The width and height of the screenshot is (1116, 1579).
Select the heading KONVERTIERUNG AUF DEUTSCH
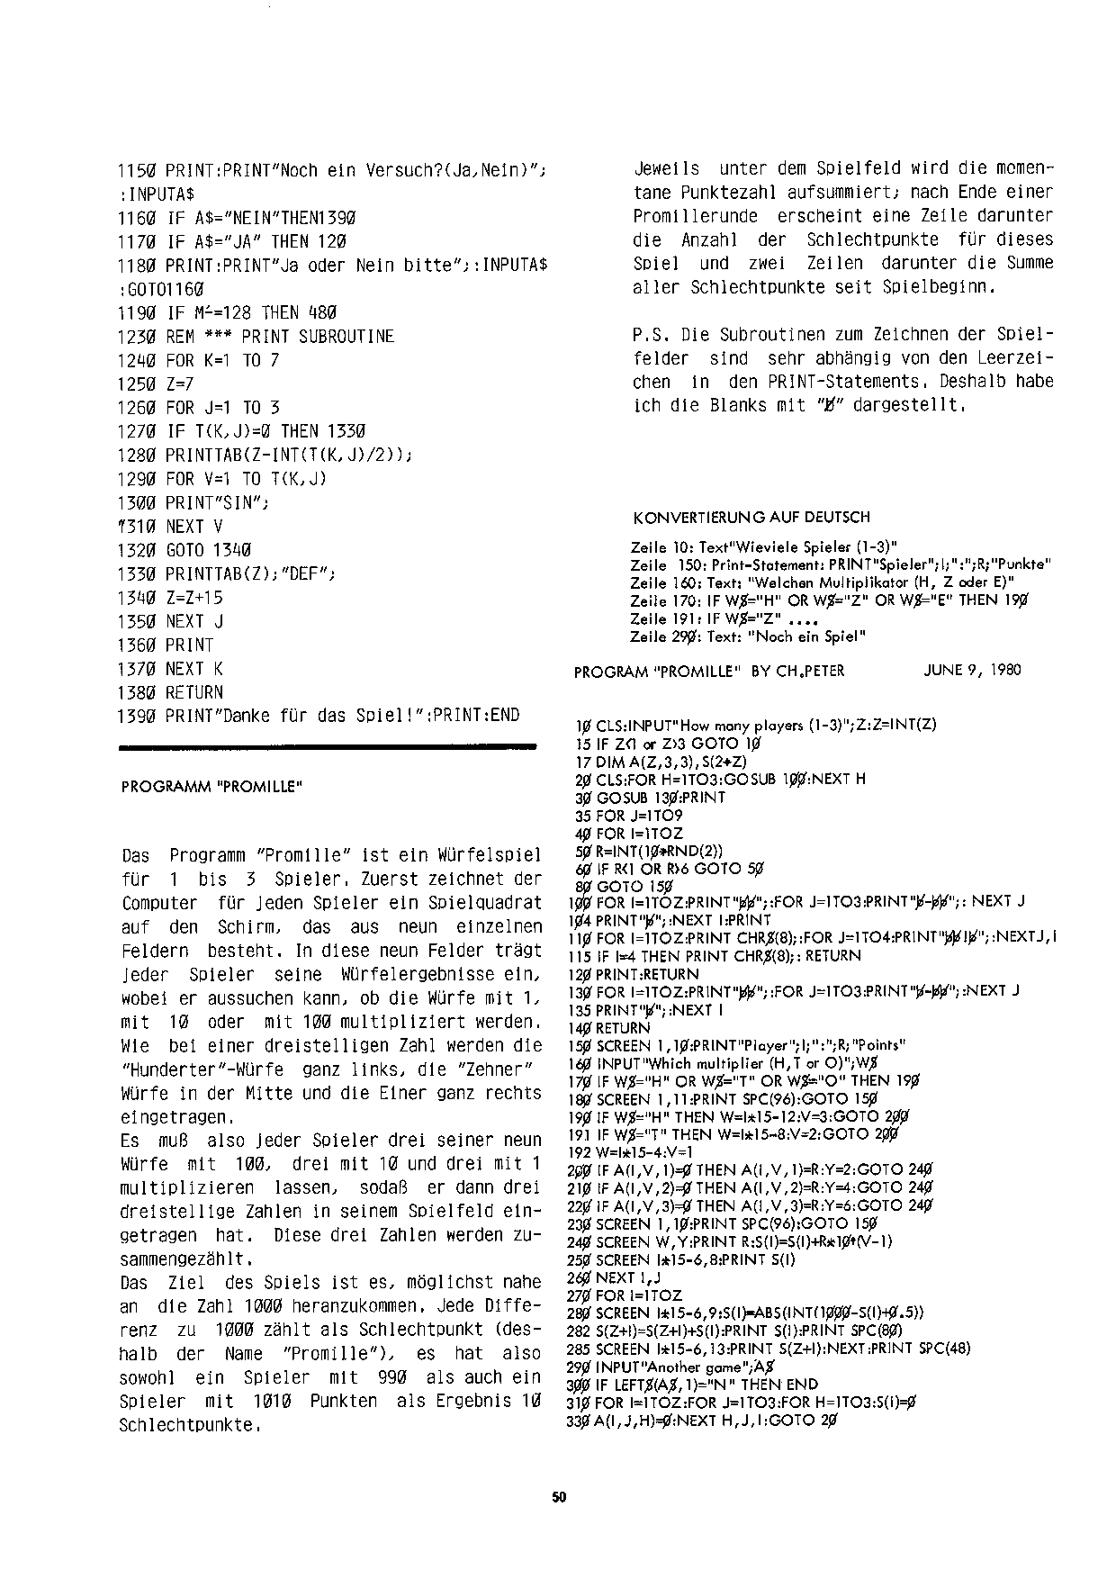[x=751, y=518]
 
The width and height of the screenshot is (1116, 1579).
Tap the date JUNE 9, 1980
[x=972, y=671]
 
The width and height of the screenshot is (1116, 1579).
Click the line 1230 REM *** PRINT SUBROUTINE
[x=256, y=337]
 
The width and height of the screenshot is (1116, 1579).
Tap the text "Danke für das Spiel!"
[x=324, y=717]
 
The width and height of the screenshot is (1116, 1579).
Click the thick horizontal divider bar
[x=328, y=745]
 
